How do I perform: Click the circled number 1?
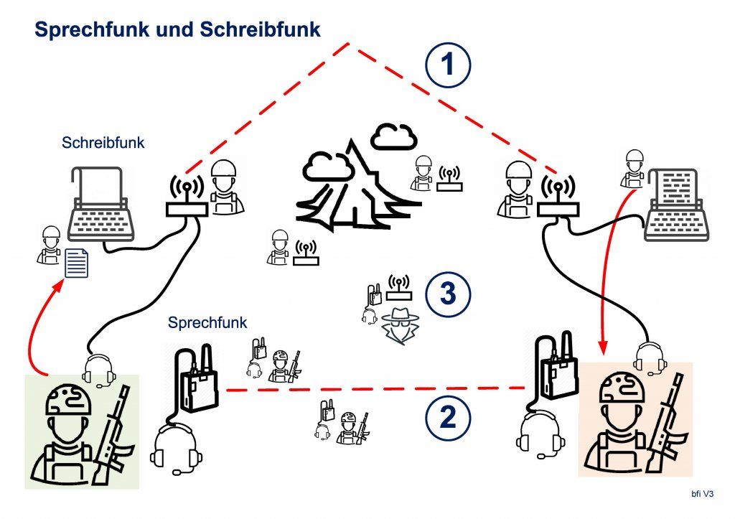coord(448,65)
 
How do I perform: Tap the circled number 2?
coord(447,417)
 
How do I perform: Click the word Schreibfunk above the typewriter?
coord(103,143)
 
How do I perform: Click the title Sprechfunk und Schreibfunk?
coord(177,29)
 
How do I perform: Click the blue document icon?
coord(77,263)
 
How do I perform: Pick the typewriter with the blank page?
coord(100,204)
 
